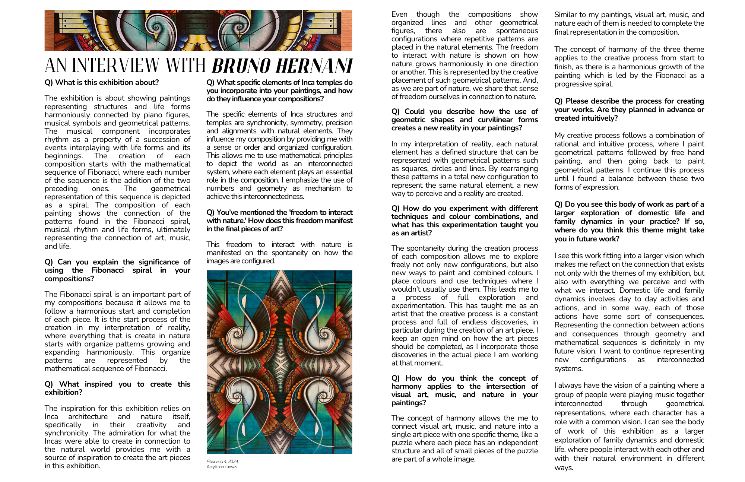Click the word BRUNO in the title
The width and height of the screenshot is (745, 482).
pyautogui.click(x=241, y=66)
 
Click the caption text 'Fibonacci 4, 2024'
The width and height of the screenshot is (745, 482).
pyautogui.click(x=222, y=462)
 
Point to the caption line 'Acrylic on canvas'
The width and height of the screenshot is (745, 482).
pyautogui.click(x=222, y=467)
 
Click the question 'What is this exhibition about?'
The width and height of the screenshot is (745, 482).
pyautogui.click(x=102, y=82)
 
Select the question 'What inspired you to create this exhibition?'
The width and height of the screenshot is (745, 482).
pyautogui.click(x=117, y=388)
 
